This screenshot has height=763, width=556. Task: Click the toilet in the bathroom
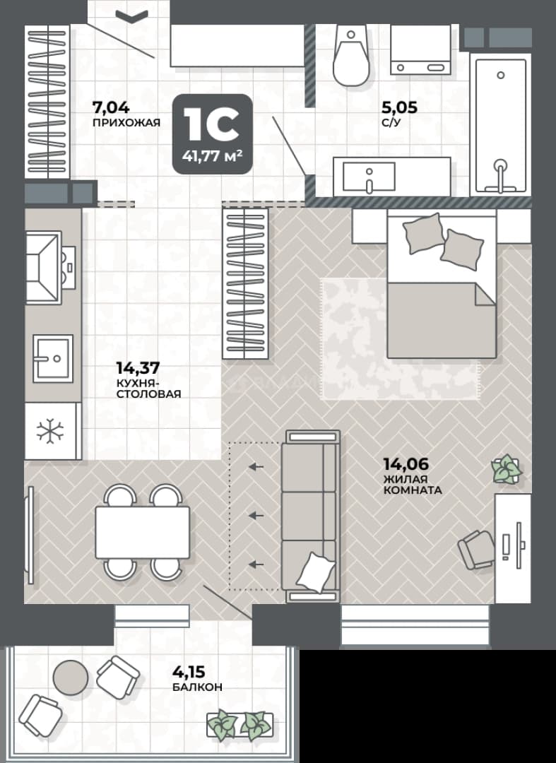[350, 57]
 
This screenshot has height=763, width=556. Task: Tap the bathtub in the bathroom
[501, 126]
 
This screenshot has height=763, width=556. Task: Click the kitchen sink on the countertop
[53, 358]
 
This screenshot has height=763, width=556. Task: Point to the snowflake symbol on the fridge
[50, 431]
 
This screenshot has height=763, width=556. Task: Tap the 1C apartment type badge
[213, 134]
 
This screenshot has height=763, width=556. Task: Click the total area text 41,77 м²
[213, 156]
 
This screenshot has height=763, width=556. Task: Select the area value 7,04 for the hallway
[111, 107]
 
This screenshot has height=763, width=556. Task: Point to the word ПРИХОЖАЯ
[126, 122]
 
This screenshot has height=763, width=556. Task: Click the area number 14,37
[138, 367]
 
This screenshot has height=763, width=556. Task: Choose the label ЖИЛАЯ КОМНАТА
[413, 485]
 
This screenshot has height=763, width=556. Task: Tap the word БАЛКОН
[197, 687]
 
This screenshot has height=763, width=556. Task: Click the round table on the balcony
[71, 678]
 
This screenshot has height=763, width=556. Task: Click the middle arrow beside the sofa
[256, 515]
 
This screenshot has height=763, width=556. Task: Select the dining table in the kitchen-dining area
[142, 533]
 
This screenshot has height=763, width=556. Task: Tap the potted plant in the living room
[506, 469]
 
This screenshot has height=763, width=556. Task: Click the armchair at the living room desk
[475, 550]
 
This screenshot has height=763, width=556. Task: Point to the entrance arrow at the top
[132, 16]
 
